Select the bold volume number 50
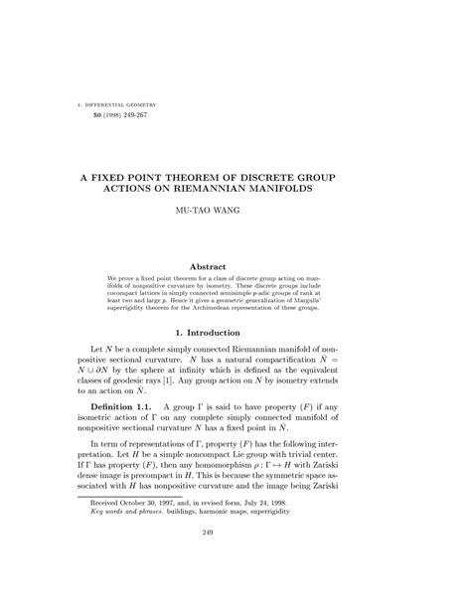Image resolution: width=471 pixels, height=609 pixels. [83, 116]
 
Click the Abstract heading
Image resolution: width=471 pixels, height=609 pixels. [235, 266]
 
